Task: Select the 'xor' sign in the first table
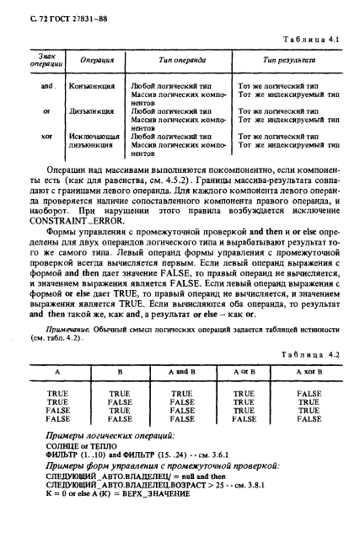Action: tap(47, 135)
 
